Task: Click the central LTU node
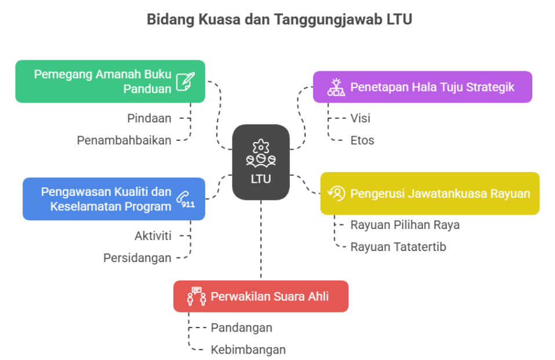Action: pyautogui.click(x=261, y=162)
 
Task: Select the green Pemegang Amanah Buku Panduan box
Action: pyautogui.click(x=110, y=81)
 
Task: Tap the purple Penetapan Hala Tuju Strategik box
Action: pyautogui.click(x=422, y=87)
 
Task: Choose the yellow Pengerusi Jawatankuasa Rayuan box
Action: pyautogui.click(x=430, y=193)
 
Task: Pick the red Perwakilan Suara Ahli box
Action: pyautogui.click(x=261, y=296)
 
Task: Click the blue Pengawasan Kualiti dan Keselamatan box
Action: pyautogui.click(x=114, y=199)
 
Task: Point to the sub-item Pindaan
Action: pyautogui.click(x=149, y=118)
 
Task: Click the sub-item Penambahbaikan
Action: pyautogui.click(x=124, y=140)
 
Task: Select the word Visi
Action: pyautogui.click(x=360, y=118)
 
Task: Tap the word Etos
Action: pyautogui.click(x=362, y=140)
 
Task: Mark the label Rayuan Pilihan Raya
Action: pyautogui.click(x=405, y=225)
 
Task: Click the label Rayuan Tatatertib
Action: pyautogui.click(x=398, y=247)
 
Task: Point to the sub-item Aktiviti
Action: pyautogui.click(x=153, y=236)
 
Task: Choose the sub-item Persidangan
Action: pyautogui.click(x=137, y=258)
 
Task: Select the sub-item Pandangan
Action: pyautogui.click(x=241, y=328)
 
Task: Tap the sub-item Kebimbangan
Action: pyautogui.click(x=248, y=350)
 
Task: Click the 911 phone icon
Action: pyautogui.click(x=186, y=199)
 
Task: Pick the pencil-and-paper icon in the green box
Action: pyautogui.click(x=186, y=81)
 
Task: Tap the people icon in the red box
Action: pyautogui.click(x=195, y=296)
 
